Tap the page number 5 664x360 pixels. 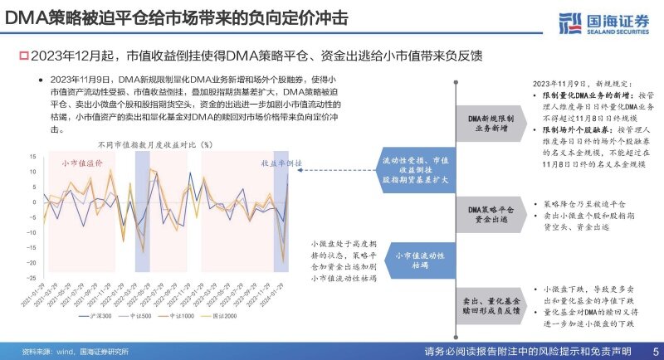click(656, 351)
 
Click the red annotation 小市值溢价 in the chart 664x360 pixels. click(82, 163)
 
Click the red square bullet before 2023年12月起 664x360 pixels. click(23, 55)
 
